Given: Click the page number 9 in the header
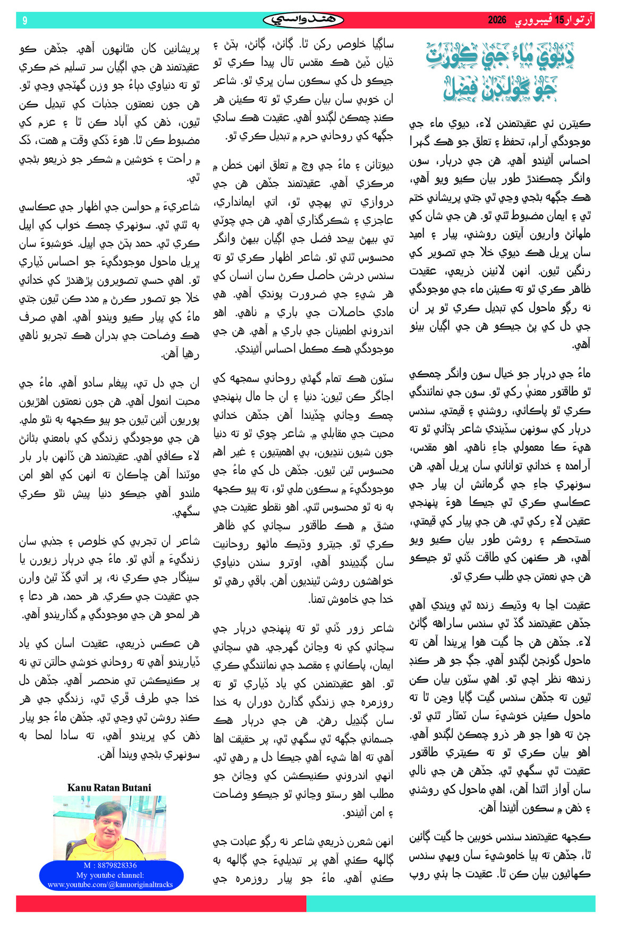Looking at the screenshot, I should click(x=25, y=21).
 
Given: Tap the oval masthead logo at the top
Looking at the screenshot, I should click(x=303, y=20).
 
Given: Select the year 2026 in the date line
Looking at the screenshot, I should click(x=497, y=21).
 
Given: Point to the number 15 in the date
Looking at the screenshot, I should click(x=559, y=21).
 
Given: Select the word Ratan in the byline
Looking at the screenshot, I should click(x=106, y=788).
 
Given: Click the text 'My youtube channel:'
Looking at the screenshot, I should click(x=110, y=875).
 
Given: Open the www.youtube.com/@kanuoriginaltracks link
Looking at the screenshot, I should click(x=110, y=885).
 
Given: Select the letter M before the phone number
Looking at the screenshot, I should click(x=87, y=865).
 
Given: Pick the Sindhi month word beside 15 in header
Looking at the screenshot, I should click(x=531, y=21).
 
